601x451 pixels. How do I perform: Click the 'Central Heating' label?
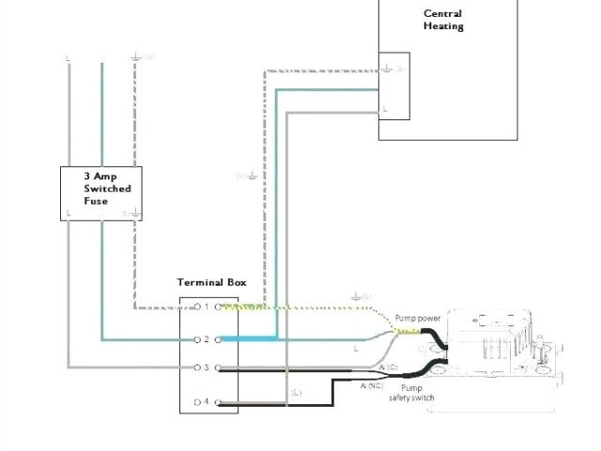[443, 20]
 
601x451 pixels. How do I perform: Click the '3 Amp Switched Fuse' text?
[108, 188]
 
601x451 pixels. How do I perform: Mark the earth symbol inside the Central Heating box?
[387, 68]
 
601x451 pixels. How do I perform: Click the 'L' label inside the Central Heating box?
[384, 109]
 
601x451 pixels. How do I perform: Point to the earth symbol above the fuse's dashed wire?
[136, 58]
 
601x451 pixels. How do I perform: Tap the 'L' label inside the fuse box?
[69, 213]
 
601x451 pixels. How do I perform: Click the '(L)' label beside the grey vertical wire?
[296, 391]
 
